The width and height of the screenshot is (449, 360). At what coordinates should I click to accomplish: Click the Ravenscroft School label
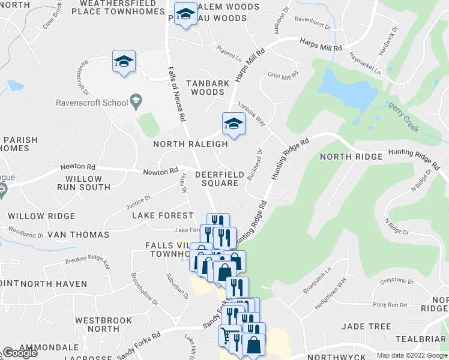[92, 103]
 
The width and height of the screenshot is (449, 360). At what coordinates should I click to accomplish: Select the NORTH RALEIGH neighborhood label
[190, 144]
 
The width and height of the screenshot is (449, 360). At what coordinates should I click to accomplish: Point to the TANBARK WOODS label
[208, 88]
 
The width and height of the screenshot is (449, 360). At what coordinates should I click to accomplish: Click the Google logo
[20, 353]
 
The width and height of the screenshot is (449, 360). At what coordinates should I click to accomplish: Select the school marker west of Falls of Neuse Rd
[124, 62]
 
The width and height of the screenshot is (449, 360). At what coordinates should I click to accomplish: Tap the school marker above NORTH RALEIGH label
[234, 124]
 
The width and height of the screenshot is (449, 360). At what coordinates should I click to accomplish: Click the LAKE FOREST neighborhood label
[162, 215]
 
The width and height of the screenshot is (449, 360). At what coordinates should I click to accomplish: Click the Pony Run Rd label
[390, 305]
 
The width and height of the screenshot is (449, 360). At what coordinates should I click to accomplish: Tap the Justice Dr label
[139, 203]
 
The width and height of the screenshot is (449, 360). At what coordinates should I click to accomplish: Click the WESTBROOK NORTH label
[104, 325]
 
